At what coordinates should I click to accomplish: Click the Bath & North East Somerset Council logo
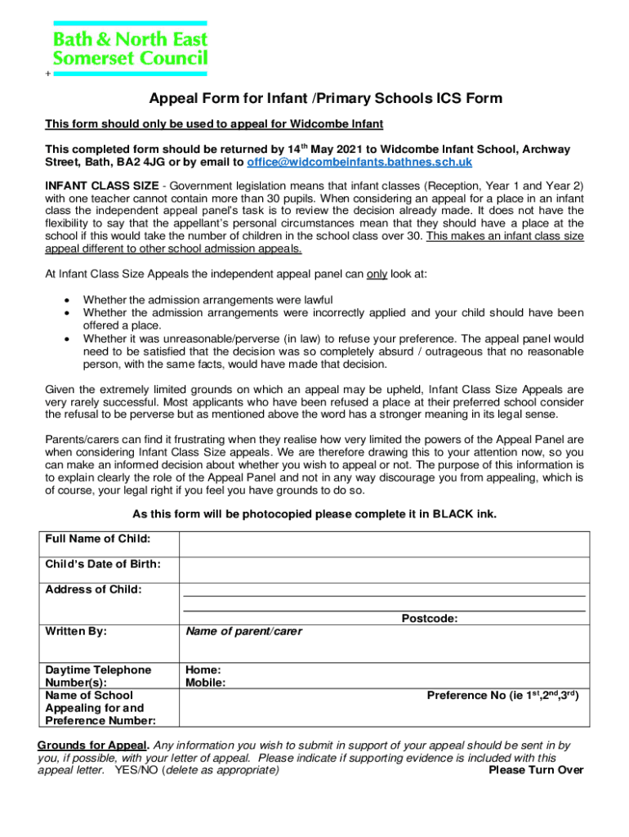(130, 48)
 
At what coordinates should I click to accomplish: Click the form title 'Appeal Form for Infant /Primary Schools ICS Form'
(325, 100)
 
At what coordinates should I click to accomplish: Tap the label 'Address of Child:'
(93, 589)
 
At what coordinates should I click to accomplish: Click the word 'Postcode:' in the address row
(429, 619)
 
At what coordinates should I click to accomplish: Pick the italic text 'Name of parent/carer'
(243, 631)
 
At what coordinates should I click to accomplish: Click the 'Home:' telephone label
(203, 669)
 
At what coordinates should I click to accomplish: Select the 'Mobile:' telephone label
(206, 683)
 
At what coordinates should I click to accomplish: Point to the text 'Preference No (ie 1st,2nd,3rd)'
(503, 696)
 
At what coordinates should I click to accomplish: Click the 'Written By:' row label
(76, 631)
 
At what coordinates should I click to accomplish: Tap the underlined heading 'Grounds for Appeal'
(93, 745)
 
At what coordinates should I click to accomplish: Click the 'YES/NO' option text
(137, 770)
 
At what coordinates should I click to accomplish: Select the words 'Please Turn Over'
(536, 770)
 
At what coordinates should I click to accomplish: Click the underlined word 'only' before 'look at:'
(377, 275)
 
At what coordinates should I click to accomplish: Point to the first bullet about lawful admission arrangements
(207, 300)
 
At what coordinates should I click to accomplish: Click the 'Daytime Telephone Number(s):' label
(98, 676)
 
